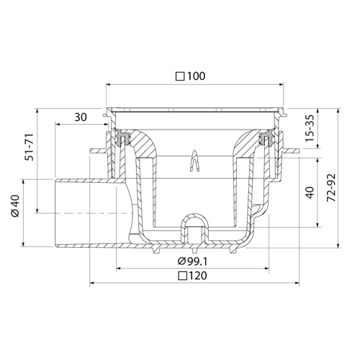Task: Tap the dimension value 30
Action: click(81, 117)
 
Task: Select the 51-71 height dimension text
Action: click(30, 147)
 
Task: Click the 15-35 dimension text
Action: click(310, 128)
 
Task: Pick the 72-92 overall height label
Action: click(331, 188)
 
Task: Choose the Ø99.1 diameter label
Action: click(192, 261)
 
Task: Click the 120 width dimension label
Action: click(197, 276)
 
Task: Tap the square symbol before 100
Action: click(180, 77)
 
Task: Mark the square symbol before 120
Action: click(183, 276)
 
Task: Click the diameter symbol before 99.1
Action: click(181, 261)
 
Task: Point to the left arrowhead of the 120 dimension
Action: click(91, 283)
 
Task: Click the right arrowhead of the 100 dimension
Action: click(282, 84)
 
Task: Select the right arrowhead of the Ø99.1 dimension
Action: click(266, 269)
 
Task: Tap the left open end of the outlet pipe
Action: click(55, 212)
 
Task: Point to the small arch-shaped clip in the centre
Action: click(194, 161)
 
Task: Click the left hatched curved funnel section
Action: click(141, 143)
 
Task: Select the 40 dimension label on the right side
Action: click(310, 192)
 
